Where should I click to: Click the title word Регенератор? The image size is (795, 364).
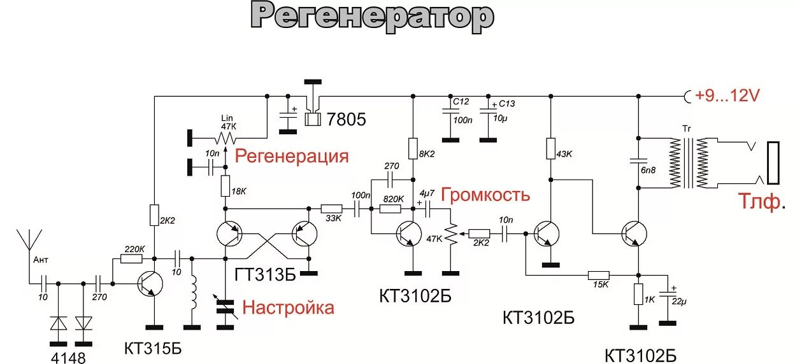[372, 17]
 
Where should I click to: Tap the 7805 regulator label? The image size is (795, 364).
[345, 119]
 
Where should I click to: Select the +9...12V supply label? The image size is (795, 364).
[727, 96]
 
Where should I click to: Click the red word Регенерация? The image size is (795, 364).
[292, 157]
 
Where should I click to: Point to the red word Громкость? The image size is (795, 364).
[485, 194]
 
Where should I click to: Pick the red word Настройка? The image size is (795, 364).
[288, 308]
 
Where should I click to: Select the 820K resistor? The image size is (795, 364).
[392, 208]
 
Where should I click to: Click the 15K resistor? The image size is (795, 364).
[598, 275]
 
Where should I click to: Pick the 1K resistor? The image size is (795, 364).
[638, 294]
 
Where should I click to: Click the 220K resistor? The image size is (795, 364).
[132, 259]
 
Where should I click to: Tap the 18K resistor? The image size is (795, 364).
[225, 186]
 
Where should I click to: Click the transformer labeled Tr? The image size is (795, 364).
[687, 163]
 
